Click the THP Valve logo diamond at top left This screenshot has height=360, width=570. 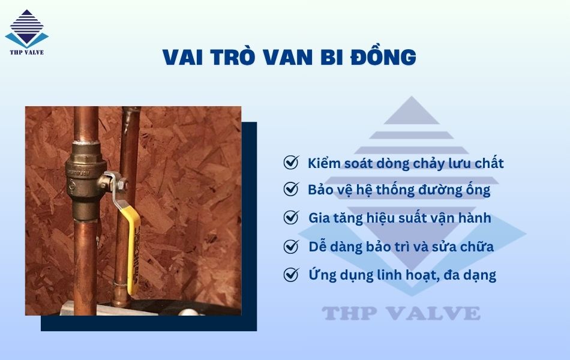click(x=27, y=28)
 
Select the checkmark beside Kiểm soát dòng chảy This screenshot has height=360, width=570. click(x=291, y=163)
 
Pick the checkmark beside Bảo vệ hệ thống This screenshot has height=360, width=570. click(x=291, y=190)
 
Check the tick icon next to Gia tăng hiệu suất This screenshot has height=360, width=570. click(x=291, y=217)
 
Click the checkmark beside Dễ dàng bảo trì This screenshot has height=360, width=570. click(x=291, y=246)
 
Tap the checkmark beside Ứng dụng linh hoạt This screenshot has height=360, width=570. click(x=291, y=275)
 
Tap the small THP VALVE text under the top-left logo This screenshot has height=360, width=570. click(x=27, y=52)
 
